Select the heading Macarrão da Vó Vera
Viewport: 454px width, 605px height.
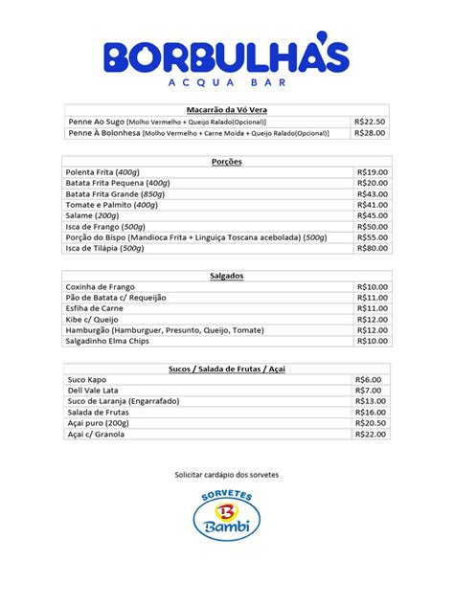226,111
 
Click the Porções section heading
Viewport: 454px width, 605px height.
226,162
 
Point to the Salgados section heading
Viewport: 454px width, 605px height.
226,276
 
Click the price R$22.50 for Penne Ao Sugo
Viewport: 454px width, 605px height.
370,123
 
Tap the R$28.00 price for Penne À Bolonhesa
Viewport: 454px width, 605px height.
370,134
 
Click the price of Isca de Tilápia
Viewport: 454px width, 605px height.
372,248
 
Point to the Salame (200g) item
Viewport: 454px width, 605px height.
92,215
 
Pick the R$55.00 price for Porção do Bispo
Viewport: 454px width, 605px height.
372,236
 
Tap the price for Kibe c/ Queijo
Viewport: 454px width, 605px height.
372,319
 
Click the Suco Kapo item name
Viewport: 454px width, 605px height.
87,379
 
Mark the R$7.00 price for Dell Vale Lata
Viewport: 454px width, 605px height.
370,391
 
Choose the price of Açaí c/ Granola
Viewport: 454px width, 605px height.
372,434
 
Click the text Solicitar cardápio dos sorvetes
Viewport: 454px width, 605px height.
226,475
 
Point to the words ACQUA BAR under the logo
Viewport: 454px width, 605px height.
226,82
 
